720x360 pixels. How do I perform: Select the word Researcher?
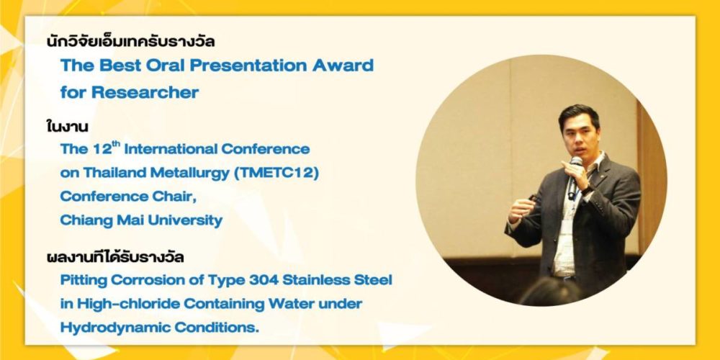coord(145,92)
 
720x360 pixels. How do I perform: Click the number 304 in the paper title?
coord(264,280)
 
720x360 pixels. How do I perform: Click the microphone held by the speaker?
coord(574,176)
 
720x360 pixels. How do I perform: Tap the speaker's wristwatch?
coord(588,190)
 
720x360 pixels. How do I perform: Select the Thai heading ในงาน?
coord(68,126)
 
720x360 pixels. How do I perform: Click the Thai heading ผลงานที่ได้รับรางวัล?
coord(115,257)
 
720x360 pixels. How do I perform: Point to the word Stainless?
coord(323,280)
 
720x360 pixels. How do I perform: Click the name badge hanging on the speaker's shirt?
coord(567,228)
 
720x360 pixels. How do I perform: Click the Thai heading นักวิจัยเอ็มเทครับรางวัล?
coord(131,42)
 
